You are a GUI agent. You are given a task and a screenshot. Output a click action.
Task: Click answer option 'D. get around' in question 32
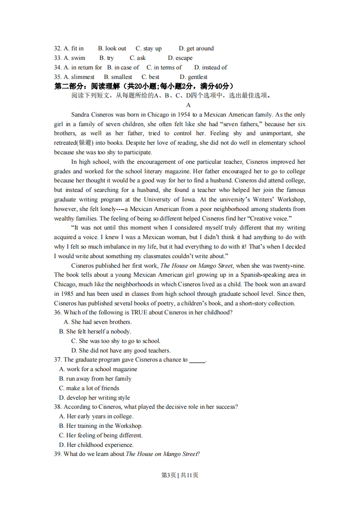[196, 49]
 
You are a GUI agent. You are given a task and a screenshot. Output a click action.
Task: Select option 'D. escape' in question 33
[180, 58]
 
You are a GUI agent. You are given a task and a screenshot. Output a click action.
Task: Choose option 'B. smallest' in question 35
[118, 77]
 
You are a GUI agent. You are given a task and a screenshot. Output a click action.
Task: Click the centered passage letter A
[189, 105]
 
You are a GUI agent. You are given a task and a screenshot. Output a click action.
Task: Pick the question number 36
[58, 313]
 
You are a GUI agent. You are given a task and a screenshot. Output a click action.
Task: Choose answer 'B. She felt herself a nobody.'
[95, 332]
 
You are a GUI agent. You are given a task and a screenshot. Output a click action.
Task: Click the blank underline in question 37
[197, 360]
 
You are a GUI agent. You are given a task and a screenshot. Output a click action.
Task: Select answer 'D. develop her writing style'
[94, 398]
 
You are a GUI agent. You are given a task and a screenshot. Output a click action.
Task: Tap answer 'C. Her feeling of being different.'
[101, 436]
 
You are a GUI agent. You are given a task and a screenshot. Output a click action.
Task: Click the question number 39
[58, 454]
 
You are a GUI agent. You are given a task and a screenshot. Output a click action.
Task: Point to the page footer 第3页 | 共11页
[180, 475]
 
